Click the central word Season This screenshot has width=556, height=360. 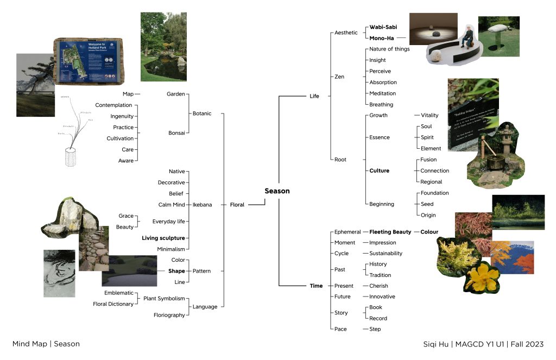click(277, 191)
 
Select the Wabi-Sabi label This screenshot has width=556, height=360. click(383, 27)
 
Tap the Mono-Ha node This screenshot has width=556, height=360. click(382, 38)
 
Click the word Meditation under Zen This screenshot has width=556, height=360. click(382, 93)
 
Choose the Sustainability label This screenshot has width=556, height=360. click(386, 254)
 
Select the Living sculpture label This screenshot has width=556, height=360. click(163, 238)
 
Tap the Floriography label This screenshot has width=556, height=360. click(169, 315)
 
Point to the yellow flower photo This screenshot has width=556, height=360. click(480, 277)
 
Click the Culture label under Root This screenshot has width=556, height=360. click(379, 170)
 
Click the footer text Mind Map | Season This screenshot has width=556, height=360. click(46, 344)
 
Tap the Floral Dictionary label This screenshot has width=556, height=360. click(113, 304)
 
